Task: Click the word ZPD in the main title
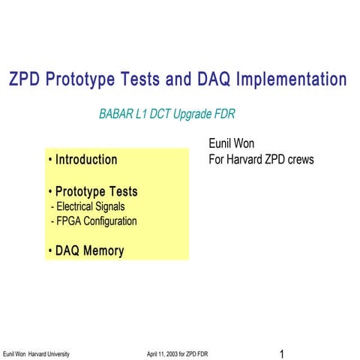24,79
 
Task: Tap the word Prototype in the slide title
83,79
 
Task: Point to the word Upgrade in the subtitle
199,115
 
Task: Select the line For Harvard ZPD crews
261,159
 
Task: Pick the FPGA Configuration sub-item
93,221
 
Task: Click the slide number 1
280,352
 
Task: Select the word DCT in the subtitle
166,115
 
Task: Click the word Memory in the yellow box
103,251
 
